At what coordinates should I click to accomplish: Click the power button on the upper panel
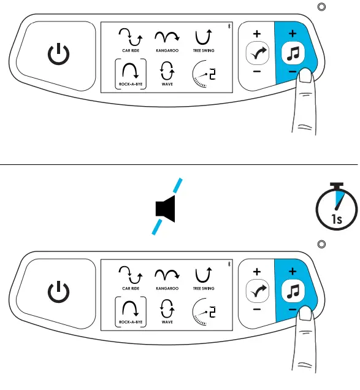coord(59,56)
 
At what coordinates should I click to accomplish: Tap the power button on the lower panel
coord(59,289)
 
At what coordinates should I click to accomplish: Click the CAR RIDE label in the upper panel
coord(128,52)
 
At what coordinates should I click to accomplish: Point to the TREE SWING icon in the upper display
coord(203,37)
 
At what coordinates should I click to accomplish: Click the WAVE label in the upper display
coord(166,86)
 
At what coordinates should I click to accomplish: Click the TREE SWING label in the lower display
coord(203,285)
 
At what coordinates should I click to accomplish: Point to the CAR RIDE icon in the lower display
coord(128,272)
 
